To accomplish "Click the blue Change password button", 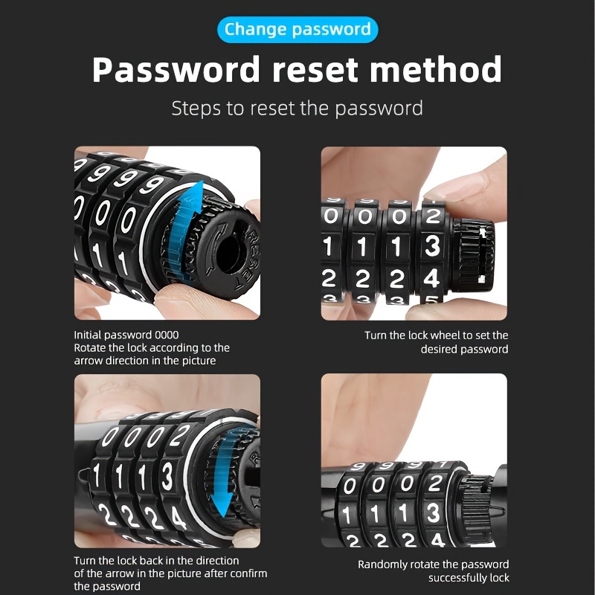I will point(297,30).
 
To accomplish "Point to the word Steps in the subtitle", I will point(196,108).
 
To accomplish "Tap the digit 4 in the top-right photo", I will point(432,279).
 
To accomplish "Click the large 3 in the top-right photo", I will point(432,246).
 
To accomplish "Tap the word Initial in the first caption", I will point(89,335).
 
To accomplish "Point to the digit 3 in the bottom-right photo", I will point(432,512).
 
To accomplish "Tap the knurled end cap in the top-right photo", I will point(469,249).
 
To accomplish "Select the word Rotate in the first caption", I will point(90,348).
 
